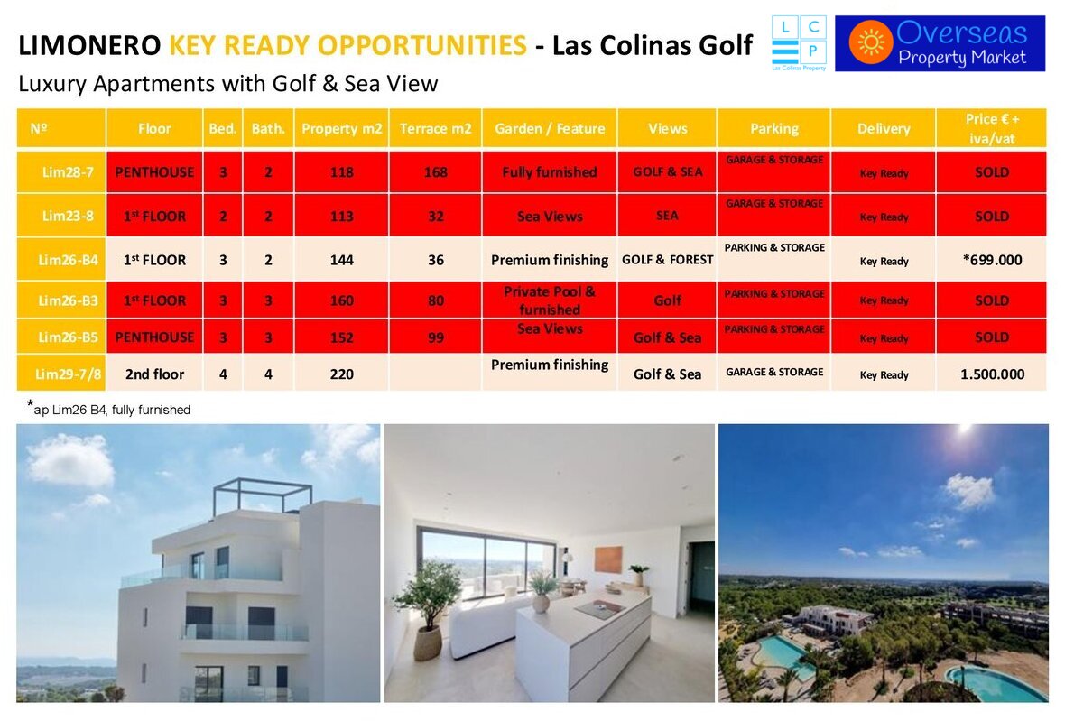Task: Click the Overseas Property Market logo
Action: (x=940, y=43)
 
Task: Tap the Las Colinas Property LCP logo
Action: (x=799, y=43)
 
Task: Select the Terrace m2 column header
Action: (x=435, y=128)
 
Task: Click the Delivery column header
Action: (x=883, y=128)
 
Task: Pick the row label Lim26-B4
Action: (x=68, y=260)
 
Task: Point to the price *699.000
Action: (x=992, y=260)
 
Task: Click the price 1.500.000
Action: (x=992, y=374)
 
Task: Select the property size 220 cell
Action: (x=342, y=374)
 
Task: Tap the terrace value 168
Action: (x=435, y=172)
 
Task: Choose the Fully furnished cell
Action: (x=550, y=172)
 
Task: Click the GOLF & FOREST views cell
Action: (x=668, y=260)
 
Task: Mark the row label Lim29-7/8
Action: (x=68, y=374)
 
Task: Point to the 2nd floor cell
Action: (x=155, y=374)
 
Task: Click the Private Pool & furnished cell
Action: (x=550, y=300)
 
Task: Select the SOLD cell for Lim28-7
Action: (x=992, y=172)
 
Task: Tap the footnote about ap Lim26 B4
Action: (x=108, y=409)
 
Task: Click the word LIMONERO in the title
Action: (x=89, y=45)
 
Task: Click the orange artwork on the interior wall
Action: (x=608, y=559)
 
